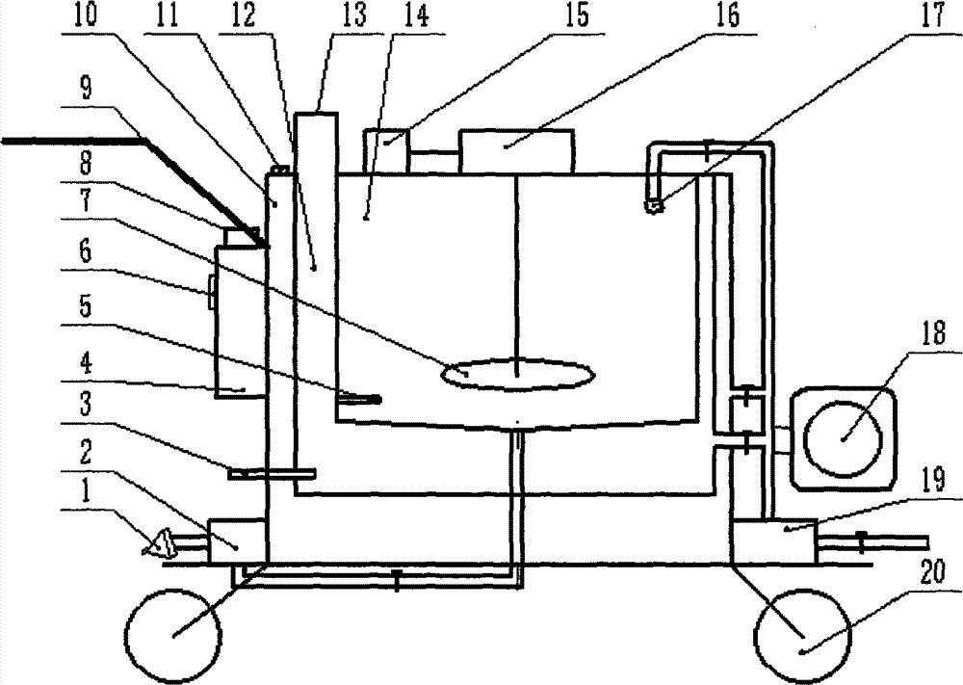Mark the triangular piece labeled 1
click(157, 546)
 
